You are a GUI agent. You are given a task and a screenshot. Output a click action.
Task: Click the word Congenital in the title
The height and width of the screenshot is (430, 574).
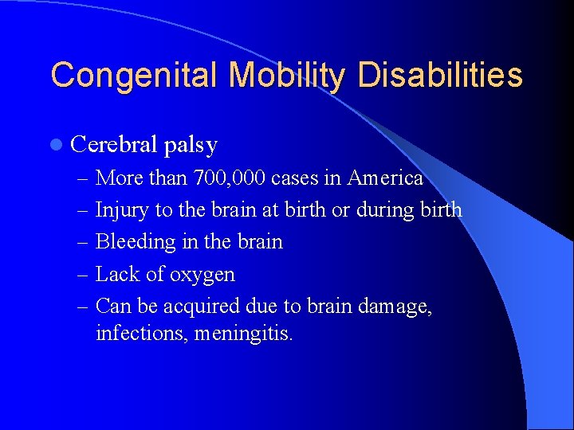point(135,75)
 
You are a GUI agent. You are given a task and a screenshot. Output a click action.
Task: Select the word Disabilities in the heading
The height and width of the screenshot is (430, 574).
point(441,75)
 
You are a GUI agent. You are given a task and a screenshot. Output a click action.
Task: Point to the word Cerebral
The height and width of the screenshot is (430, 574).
point(114,145)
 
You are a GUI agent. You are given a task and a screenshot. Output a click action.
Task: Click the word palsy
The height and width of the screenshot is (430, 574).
point(191,146)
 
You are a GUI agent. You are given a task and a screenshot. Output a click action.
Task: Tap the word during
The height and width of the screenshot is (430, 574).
point(386,209)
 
